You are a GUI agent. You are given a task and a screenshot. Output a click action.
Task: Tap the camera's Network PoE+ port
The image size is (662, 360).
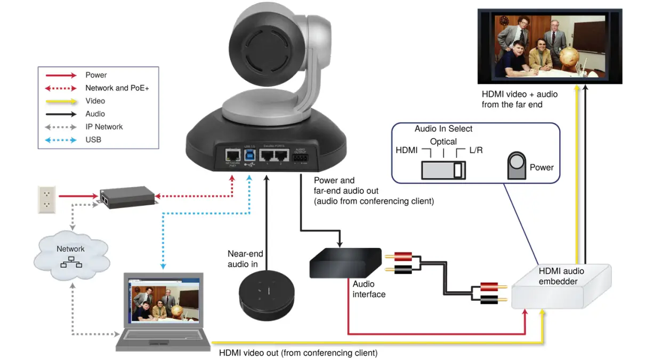pyautogui.click(x=232, y=156)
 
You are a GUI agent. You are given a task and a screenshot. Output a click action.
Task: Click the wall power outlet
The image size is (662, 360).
pyautogui.click(x=46, y=199)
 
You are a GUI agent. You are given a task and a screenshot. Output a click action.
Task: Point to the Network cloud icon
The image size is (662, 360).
pyautogui.click(x=71, y=256)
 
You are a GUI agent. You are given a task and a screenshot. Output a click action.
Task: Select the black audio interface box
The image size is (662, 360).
pyautogui.click(x=345, y=263)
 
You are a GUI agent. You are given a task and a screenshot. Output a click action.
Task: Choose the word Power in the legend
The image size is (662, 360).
pyautogui.click(x=96, y=75)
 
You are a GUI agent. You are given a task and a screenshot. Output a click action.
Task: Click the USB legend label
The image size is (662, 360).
pyautogui.click(x=93, y=140)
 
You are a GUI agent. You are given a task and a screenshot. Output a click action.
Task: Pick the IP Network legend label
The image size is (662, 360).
pyautogui.click(x=104, y=127)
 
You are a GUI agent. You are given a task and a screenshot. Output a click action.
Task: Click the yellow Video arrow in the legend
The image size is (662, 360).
pyautogui.click(x=61, y=101)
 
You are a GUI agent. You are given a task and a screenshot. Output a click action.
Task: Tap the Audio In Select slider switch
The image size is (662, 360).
pyautogui.click(x=443, y=170)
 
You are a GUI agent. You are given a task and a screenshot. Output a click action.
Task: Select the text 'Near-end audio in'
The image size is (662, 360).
pyautogui.click(x=245, y=259)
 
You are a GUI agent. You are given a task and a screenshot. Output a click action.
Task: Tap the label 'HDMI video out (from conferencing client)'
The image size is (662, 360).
pyautogui.click(x=298, y=353)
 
